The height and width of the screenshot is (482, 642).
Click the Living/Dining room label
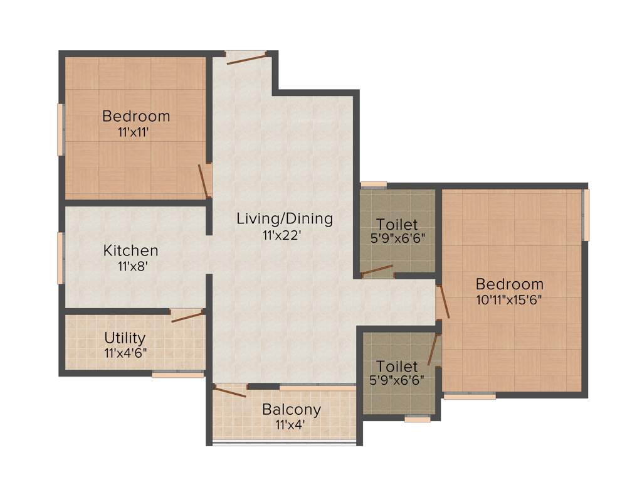click(285, 219)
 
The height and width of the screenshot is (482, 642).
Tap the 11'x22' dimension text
click(285, 236)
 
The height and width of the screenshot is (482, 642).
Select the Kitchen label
click(130, 250)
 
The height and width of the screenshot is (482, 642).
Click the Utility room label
click(125, 338)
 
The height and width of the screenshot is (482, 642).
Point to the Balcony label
click(292, 410)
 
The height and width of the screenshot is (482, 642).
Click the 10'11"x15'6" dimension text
click(508, 299)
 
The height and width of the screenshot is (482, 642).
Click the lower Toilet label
click(396, 365)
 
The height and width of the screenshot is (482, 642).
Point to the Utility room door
click(189, 316)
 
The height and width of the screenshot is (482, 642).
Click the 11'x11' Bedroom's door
click(204, 180)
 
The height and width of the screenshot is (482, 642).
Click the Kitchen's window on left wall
click(61, 258)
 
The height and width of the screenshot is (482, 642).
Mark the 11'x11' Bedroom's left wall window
click(61, 129)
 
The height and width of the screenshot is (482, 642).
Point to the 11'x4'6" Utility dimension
click(125, 353)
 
